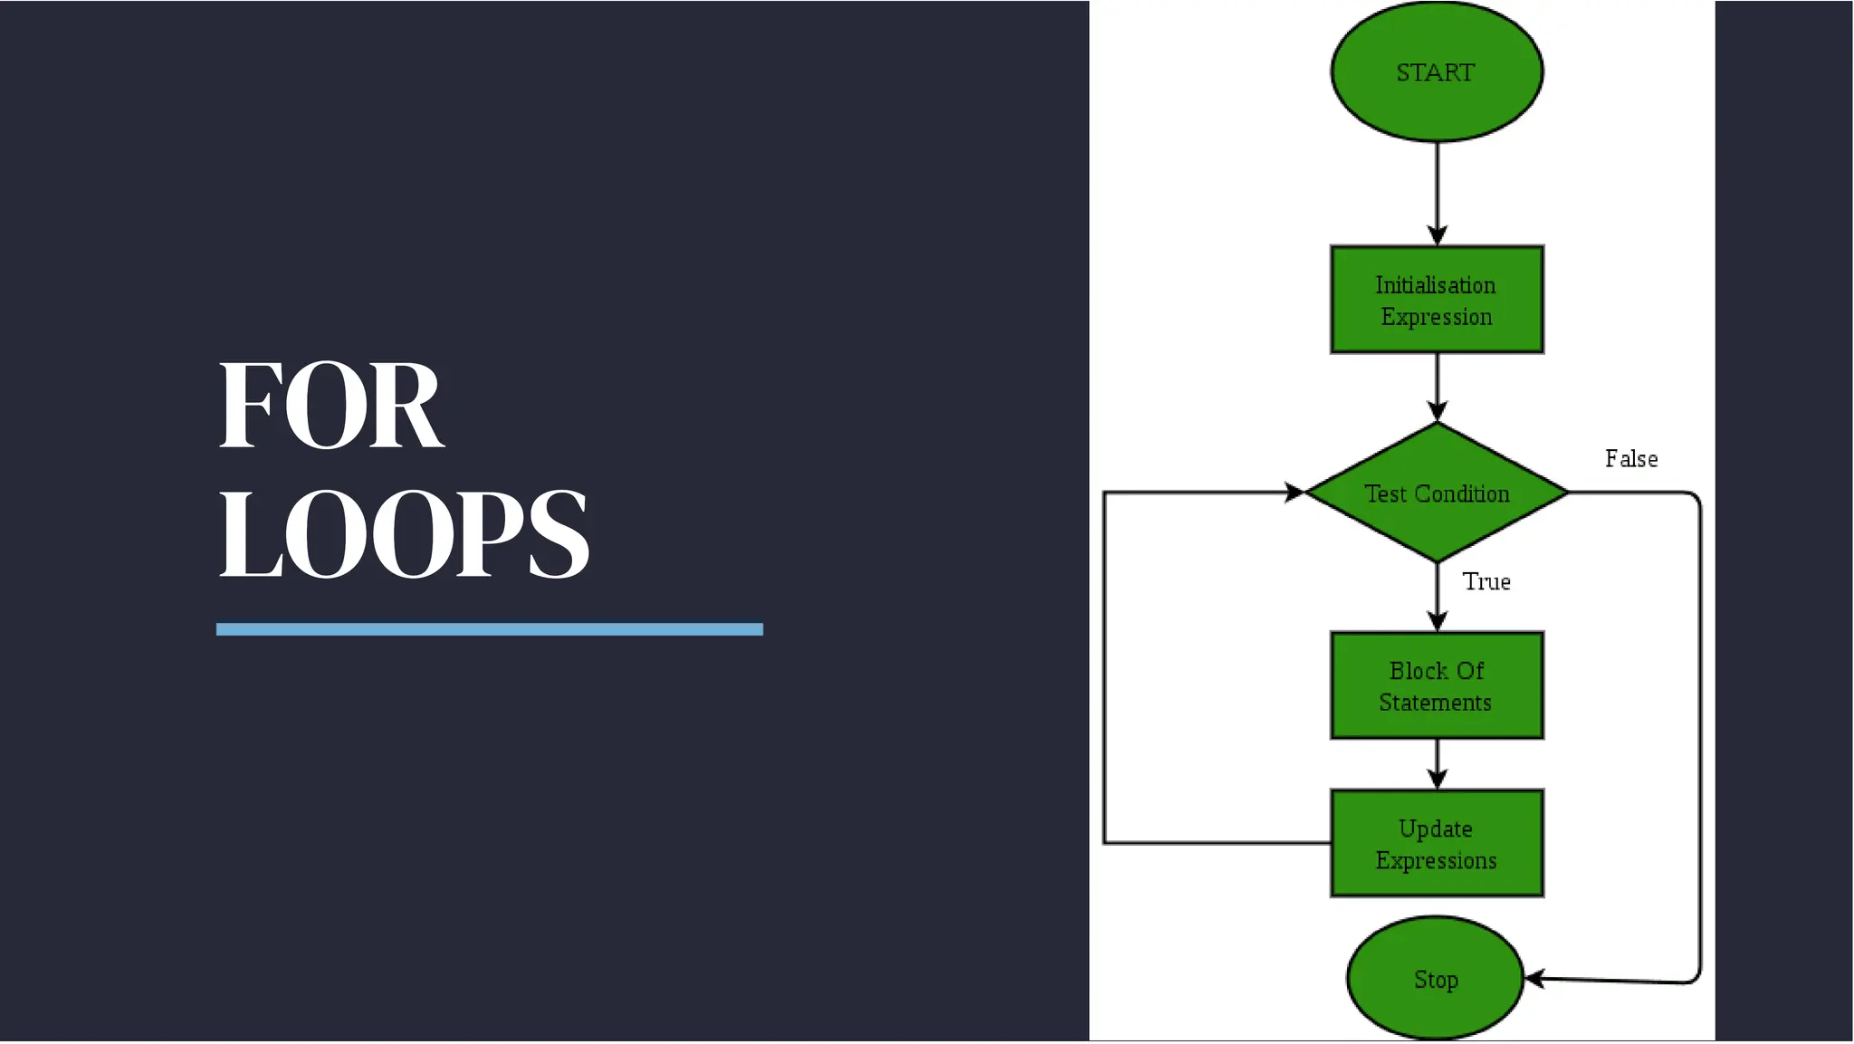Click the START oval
point(1437,72)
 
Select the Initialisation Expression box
point(1437,300)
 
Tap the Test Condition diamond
point(1437,493)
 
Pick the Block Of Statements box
point(1437,686)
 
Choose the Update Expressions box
point(1437,844)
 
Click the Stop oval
point(1436,979)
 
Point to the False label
point(1631,459)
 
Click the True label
point(1486,582)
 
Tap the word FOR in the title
point(331,405)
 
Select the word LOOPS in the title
point(404,533)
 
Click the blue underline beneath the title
point(490,629)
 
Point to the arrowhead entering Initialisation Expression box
point(1438,235)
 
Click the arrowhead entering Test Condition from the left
point(1295,493)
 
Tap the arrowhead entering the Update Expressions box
point(1438,779)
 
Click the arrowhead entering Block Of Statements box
point(1438,621)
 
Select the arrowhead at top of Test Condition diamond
point(1438,411)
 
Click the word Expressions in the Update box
point(1437,860)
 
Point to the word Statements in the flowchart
point(1436,703)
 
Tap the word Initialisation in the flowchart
point(1436,285)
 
